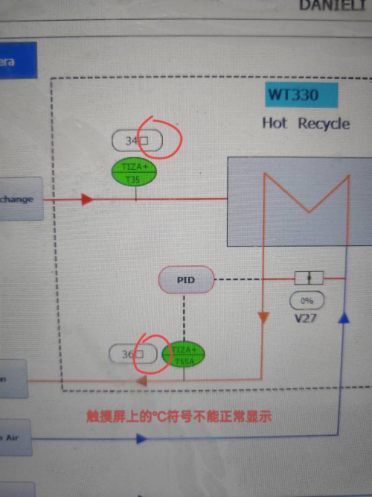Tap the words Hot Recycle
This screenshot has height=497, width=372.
306,123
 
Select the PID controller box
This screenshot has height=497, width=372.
186,281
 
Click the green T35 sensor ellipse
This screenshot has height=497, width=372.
134,173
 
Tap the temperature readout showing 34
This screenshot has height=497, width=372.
137,140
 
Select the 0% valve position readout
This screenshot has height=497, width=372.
307,301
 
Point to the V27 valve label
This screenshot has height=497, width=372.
306,318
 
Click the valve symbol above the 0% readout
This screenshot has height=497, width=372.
309,278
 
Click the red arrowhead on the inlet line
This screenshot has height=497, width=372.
87,200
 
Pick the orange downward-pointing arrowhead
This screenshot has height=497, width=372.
264,317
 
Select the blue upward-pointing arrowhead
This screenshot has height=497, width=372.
344,317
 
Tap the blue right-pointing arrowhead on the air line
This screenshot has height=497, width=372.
141,438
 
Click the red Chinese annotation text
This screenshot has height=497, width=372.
179,417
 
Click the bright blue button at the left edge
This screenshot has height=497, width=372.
17,61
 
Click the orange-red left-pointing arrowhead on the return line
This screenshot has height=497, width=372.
140,381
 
